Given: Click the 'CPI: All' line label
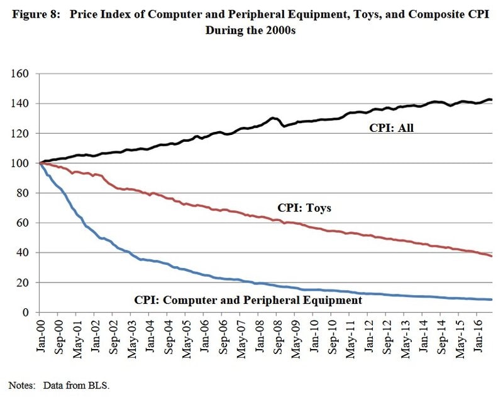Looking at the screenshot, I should [x=391, y=129].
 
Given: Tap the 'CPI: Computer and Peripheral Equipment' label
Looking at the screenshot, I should [x=248, y=301].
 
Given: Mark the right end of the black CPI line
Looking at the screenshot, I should [x=492, y=100].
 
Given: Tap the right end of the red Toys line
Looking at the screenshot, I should [x=492, y=256].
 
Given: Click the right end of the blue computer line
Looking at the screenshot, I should [x=492, y=299].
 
